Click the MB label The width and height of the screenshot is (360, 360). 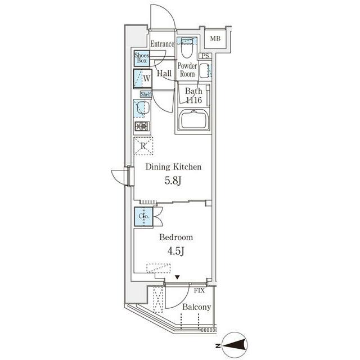tap(215, 39)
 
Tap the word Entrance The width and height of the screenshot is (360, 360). tap(162, 44)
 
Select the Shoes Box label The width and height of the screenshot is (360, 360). tap(142, 57)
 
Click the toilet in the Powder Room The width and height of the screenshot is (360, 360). tap(187, 48)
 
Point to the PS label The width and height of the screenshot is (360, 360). tap(205, 56)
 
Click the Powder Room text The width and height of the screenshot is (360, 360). tap(187, 70)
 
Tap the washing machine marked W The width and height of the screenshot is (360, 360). tap(142, 79)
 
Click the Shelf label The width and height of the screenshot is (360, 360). tap(146, 94)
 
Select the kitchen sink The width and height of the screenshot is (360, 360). tap(142, 109)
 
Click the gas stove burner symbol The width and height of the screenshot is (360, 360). tap(142, 126)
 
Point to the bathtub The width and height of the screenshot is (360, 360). tap(195, 119)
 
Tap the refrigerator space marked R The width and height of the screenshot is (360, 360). tap(143, 146)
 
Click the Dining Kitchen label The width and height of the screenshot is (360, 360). tap(173, 167)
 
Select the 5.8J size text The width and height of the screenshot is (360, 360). tap(173, 181)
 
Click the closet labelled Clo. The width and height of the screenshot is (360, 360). tap(144, 217)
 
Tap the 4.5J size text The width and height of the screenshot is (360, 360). tap(176, 251)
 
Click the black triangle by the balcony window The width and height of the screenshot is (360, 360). tap(177, 277)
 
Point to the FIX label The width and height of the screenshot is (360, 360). tap(199, 291)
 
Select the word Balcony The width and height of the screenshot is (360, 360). tap(196, 307)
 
